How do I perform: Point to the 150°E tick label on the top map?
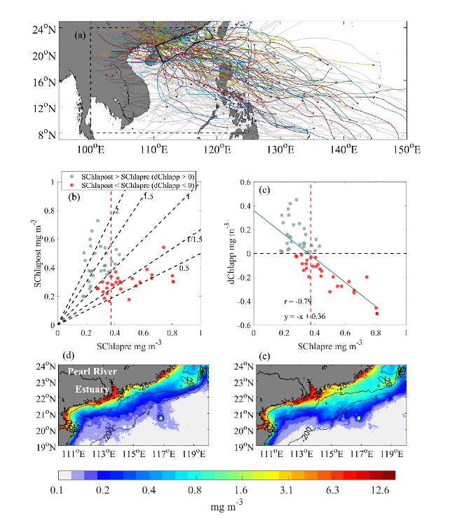point(407,149)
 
